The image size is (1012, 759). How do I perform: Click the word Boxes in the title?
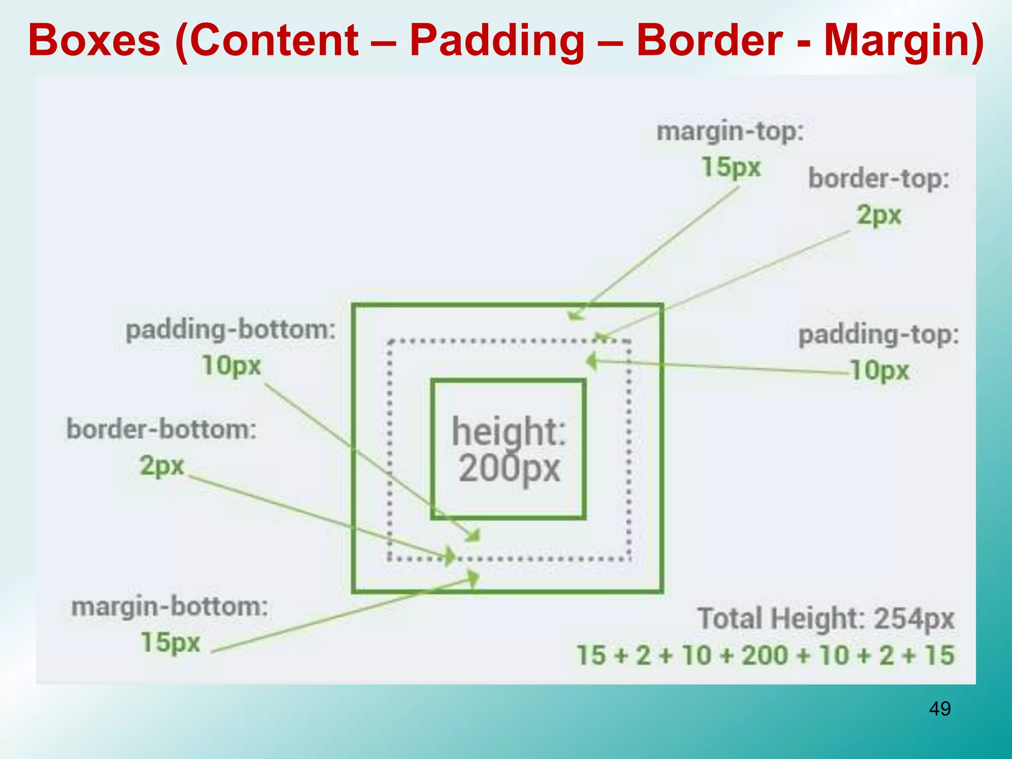click(94, 41)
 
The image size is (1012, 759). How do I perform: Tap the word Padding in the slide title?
click(497, 41)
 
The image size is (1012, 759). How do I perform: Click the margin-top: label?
click(730, 132)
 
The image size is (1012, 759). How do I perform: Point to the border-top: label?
click(879, 178)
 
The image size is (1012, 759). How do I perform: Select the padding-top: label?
click(879, 335)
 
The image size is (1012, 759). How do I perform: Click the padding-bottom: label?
click(231, 330)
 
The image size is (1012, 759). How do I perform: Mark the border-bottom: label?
click(162, 429)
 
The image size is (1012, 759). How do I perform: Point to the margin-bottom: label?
click(169, 606)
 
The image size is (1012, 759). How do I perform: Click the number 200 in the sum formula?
click(765, 656)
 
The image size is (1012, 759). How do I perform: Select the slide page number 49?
click(940, 709)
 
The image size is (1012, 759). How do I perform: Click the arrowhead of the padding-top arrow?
click(591, 361)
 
